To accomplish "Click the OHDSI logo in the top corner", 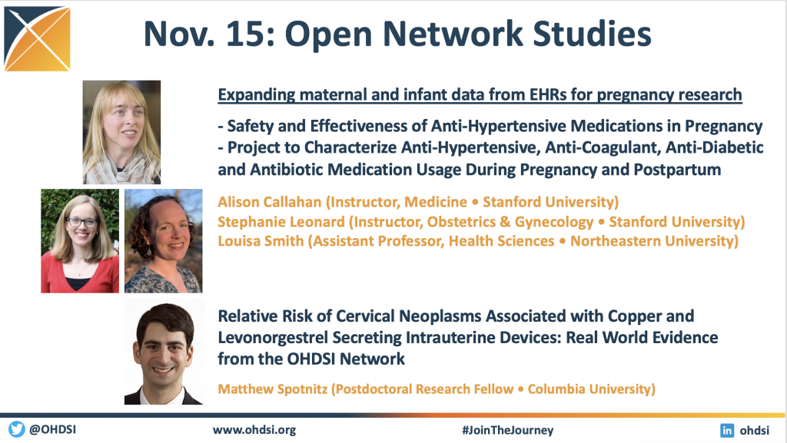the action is pos(37,38).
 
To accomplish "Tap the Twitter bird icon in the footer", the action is pos(17,429).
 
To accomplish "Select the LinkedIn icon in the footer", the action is pos(727,431).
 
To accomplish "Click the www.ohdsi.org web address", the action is pos(254,430).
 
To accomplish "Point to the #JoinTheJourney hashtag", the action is pos(507,431).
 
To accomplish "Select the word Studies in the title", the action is pos(592,34).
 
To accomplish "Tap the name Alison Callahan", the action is pos(270,202).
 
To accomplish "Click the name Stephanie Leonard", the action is pos(281,221).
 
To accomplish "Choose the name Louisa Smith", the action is pos(261,241).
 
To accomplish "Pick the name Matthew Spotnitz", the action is pos(273,389).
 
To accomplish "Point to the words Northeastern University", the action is pos(652,241).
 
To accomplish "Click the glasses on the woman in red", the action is pos(81,222).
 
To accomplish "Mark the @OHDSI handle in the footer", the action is pos(53,430).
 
